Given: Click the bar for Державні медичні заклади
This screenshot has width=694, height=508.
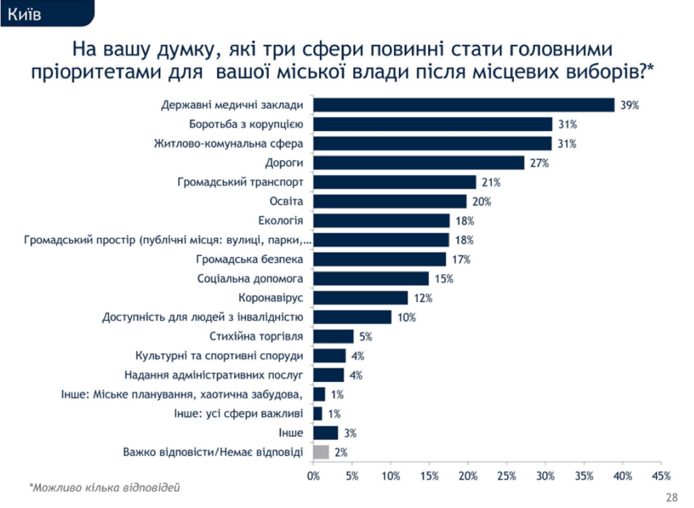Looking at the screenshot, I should point(463,105).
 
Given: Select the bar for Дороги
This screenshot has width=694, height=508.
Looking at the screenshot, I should point(419,163).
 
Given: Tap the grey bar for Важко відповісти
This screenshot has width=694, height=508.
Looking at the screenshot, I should point(321,452).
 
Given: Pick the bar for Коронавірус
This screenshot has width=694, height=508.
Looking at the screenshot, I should point(360,298).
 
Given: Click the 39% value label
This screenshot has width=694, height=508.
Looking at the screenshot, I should point(629,105).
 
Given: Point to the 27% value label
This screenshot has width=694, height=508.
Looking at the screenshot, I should point(539,163).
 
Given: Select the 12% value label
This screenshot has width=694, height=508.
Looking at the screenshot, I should point(423,298).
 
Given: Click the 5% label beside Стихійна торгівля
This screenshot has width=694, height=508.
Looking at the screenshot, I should point(366,337).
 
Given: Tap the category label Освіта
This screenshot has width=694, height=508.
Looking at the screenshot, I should point(286,201).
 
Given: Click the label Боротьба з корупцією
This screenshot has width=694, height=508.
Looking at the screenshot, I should point(246,124).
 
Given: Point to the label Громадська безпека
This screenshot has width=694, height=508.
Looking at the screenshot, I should point(249,259).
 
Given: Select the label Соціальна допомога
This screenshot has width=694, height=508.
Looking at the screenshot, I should point(250,279).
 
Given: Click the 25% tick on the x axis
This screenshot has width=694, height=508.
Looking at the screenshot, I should point(506,476).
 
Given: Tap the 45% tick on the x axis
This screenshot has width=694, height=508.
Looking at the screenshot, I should point(661,476).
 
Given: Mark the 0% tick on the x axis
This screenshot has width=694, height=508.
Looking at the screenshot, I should point(313,476).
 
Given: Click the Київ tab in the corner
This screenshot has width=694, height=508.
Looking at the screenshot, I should point(25,14).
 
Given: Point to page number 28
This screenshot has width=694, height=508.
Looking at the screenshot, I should point(672,497).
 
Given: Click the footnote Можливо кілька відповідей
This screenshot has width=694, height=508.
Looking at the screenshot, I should point(104,488).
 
